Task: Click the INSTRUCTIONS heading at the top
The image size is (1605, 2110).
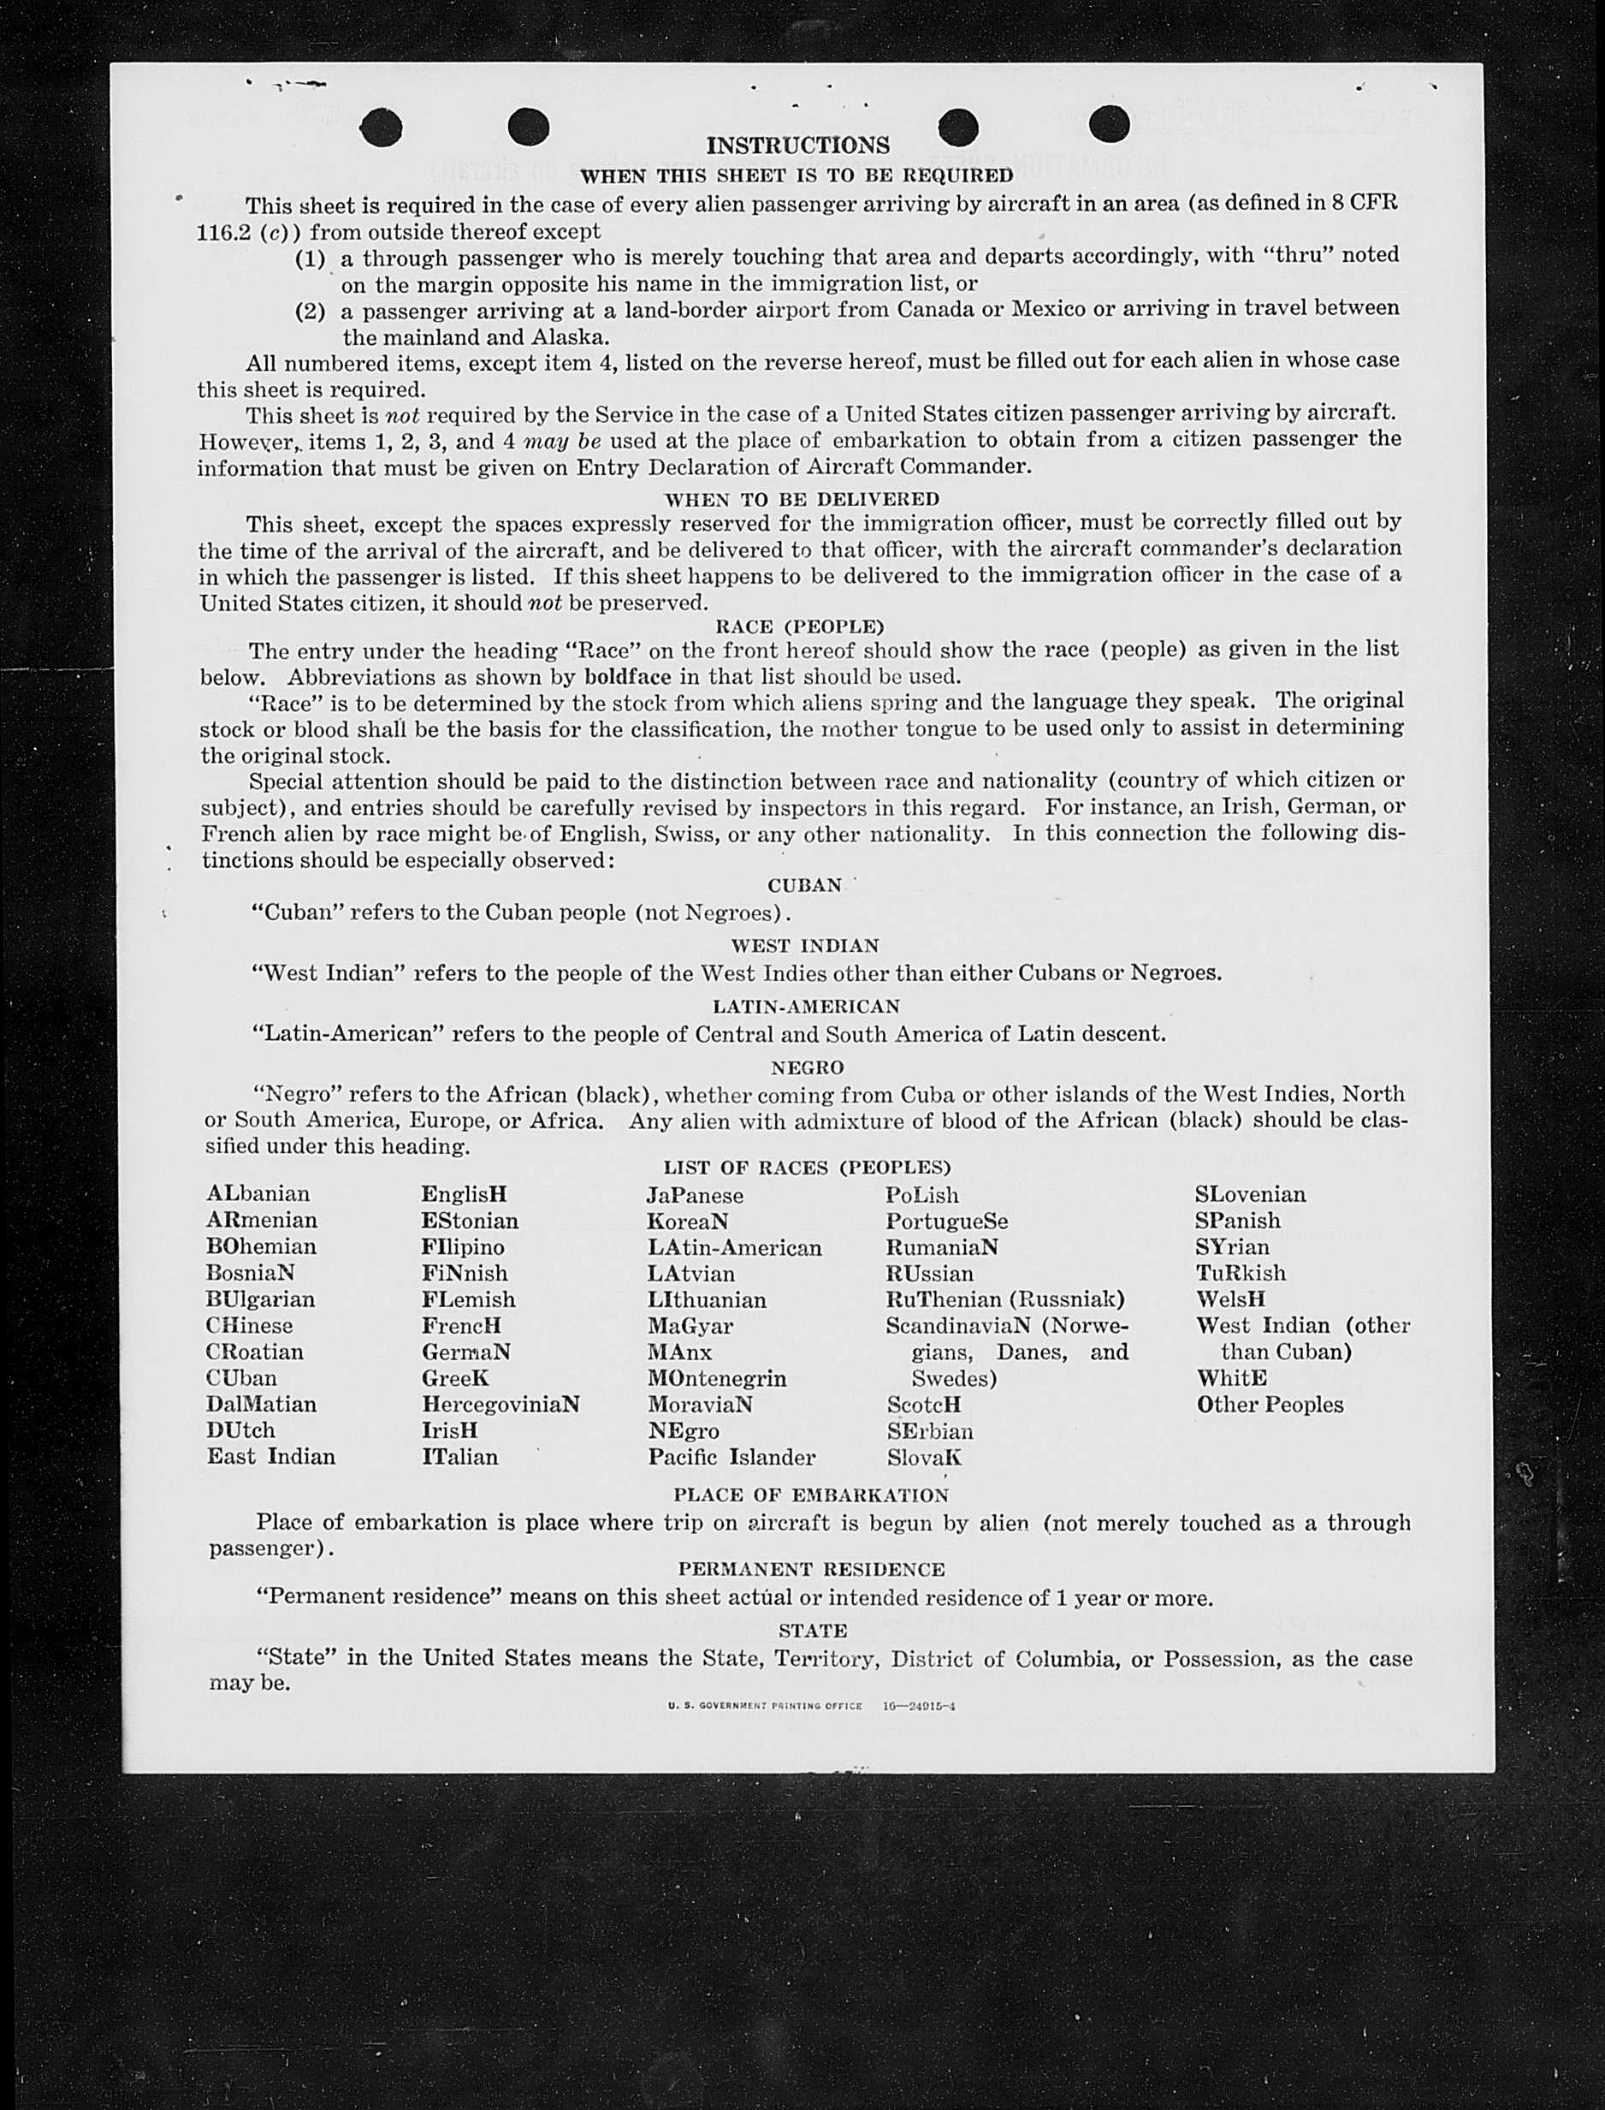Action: tap(797, 146)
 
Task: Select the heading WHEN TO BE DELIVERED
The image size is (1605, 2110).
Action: tap(802, 499)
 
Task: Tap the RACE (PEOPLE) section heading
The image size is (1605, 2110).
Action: tap(800, 627)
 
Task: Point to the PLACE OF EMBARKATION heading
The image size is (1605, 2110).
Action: tap(811, 1495)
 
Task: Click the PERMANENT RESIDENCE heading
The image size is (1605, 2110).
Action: tap(811, 1569)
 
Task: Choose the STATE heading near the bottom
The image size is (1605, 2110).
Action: tap(813, 1631)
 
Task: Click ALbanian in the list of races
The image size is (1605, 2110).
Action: tap(258, 1193)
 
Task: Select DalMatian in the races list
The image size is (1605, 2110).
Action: tap(261, 1404)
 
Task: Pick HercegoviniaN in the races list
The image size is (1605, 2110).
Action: tap(500, 1404)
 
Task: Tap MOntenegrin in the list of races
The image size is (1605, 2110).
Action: tap(717, 1378)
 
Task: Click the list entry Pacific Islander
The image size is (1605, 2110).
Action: tap(731, 1458)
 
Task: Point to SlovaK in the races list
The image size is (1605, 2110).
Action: tap(924, 1458)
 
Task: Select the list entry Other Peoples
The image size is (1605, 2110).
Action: tap(1270, 1404)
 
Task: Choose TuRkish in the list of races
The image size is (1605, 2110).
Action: tap(1240, 1273)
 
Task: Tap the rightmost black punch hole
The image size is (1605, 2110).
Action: tap(1109, 124)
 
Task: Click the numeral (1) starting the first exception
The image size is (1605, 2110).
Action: tap(310, 258)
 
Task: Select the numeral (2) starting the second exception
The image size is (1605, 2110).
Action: tap(310, 312)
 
